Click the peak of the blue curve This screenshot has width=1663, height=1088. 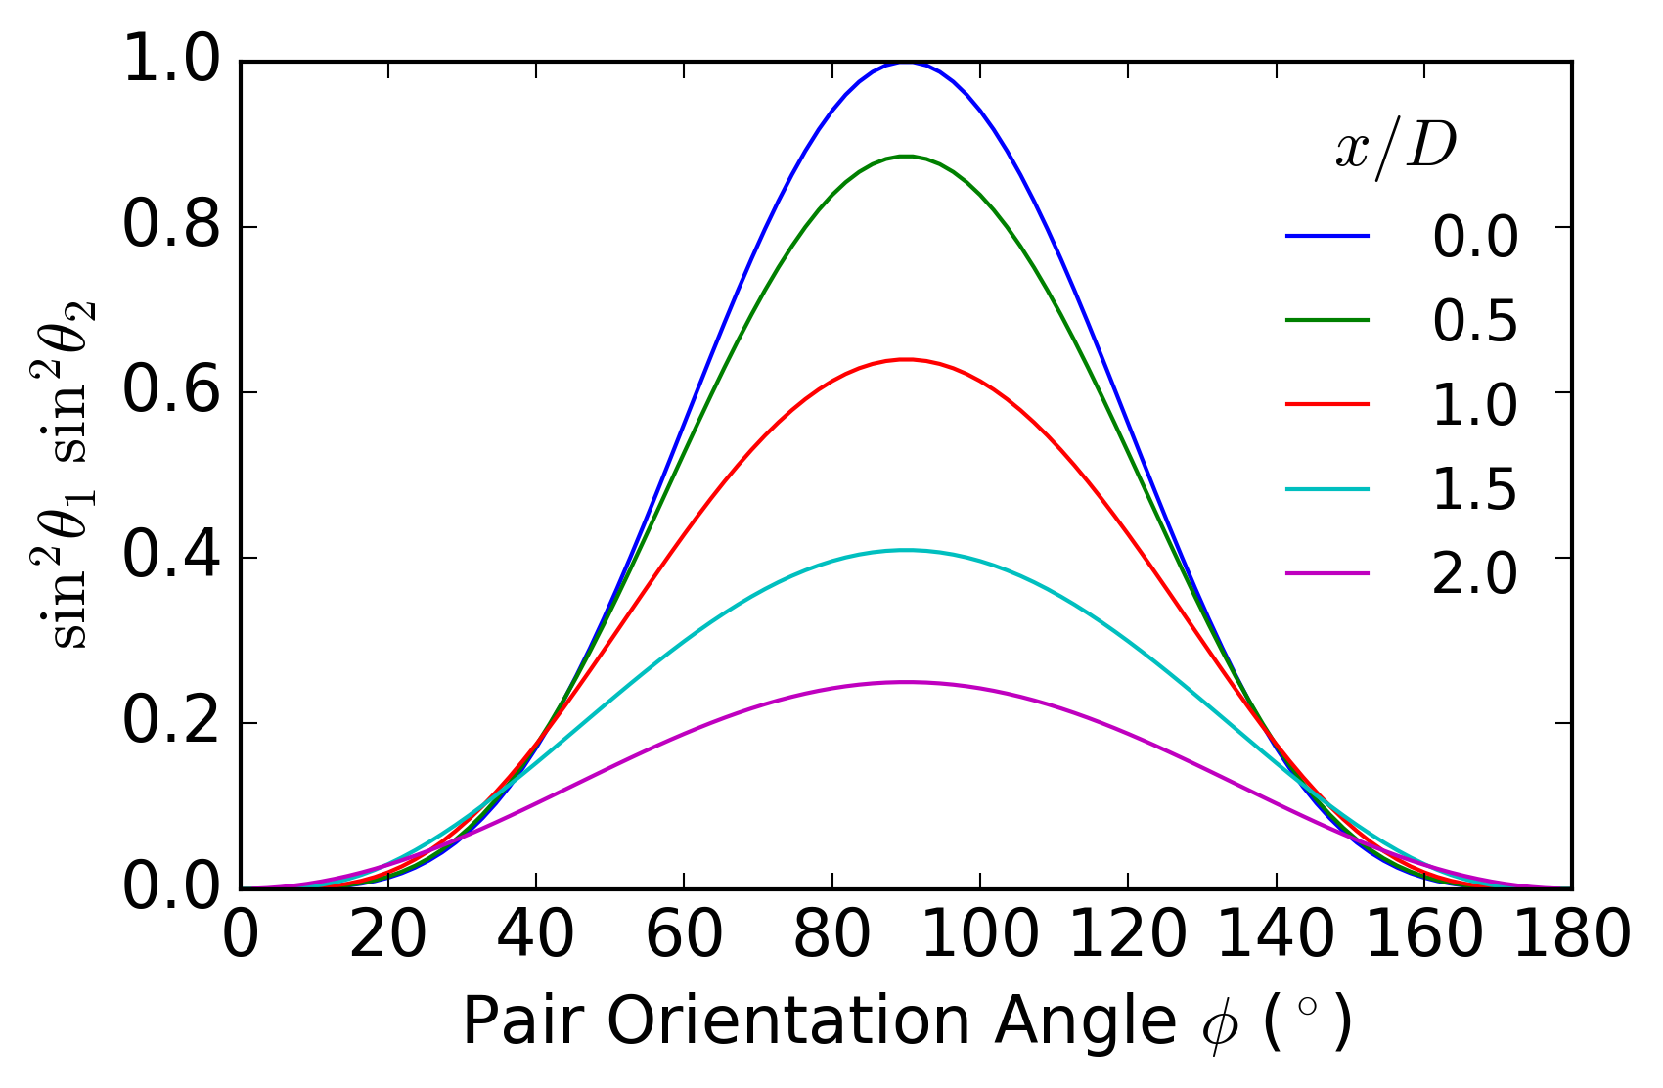click(906, 63)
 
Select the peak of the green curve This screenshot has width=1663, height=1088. click(906, 157)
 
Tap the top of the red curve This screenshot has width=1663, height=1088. click(906, 359)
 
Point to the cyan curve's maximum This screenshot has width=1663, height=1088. click(906, 550)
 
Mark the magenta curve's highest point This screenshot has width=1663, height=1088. click(906, 682)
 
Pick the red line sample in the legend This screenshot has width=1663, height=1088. click(1327, 404)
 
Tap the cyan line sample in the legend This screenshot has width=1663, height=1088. click(1327, 488)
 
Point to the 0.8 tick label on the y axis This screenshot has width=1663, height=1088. click(171, 226)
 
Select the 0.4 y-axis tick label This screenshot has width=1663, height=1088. click(171, 557)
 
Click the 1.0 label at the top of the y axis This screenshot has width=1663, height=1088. click(171, 61)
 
